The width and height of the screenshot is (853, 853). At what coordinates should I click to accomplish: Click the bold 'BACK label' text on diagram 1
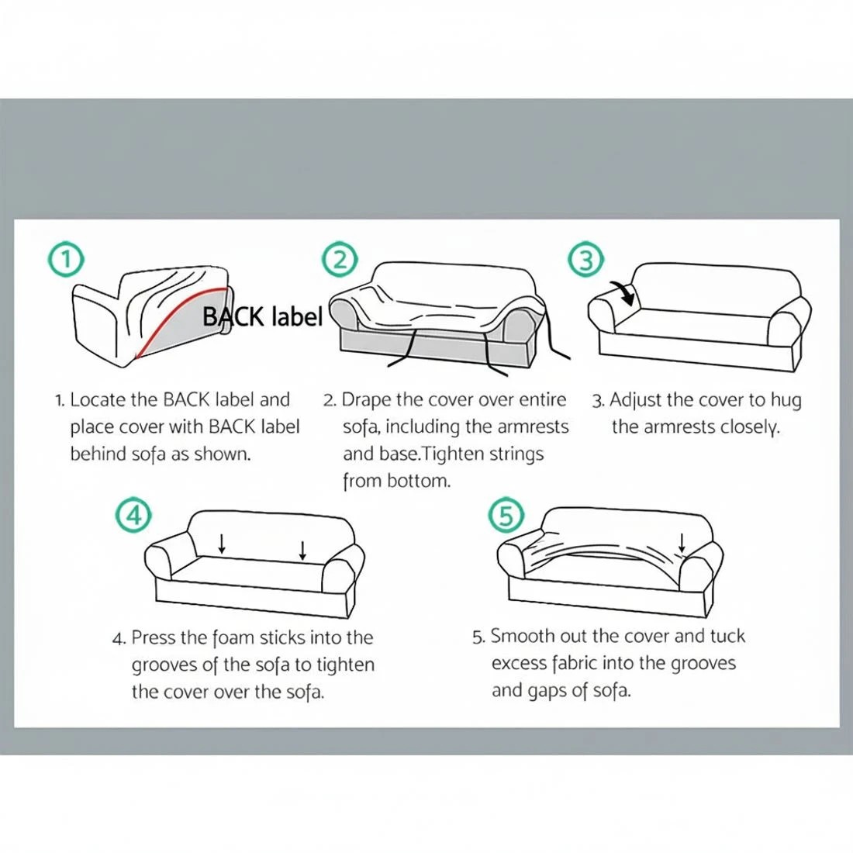[262, 316]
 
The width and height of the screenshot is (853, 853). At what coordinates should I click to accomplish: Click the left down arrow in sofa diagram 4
[223, 543]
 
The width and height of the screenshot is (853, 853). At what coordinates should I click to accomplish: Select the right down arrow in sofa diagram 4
[302, 550]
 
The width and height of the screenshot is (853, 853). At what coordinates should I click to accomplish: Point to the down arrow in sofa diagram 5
[682, 542]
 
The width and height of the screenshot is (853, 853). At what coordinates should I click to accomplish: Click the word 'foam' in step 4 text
[232, 638]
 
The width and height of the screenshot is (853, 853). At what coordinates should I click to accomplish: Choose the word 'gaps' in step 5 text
[548, 691]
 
